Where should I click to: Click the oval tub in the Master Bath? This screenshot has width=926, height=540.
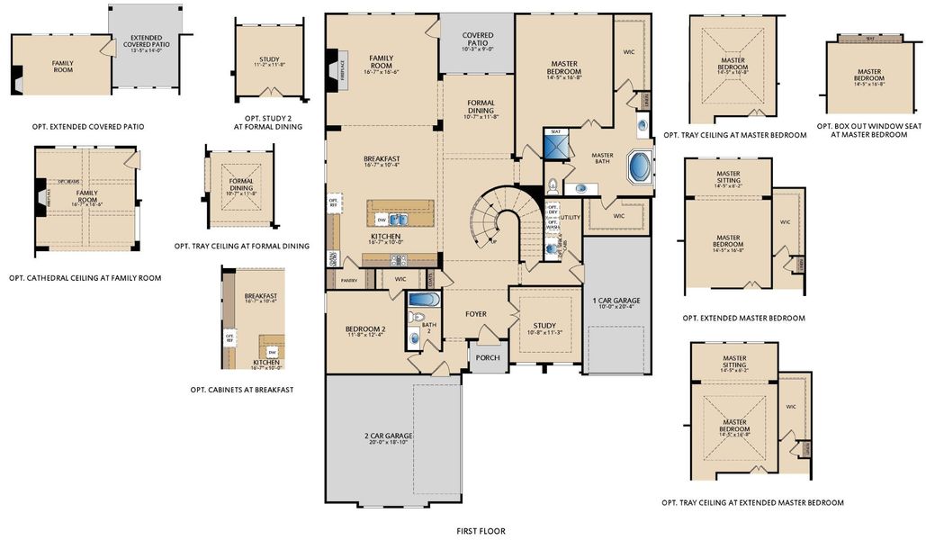[639, 167]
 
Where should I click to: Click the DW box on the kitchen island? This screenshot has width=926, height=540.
[382, 219]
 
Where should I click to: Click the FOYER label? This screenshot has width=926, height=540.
[475, 314]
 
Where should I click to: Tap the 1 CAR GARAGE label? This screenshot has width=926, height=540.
[616, 300]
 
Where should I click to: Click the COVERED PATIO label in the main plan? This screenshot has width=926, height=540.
[477, 39]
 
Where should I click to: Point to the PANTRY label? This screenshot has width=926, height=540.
[349, 281]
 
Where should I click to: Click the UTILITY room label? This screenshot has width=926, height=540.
[570, 218]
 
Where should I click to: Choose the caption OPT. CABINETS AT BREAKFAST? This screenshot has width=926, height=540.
[241, 390]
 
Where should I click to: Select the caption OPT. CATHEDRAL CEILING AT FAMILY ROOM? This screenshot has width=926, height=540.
[85, 278]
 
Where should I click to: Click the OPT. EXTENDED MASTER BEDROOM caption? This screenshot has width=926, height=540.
[743, 318]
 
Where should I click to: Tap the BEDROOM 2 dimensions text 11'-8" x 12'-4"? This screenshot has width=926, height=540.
[364, 336]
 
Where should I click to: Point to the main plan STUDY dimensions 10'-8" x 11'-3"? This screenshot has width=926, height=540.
[544, 332]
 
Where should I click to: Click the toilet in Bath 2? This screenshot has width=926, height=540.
[416, 337]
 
